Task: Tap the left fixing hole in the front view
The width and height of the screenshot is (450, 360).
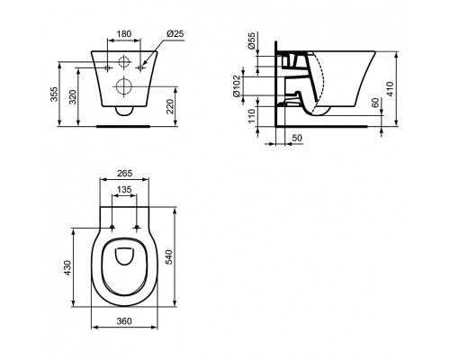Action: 108,65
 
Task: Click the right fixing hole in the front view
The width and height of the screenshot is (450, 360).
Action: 142,65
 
